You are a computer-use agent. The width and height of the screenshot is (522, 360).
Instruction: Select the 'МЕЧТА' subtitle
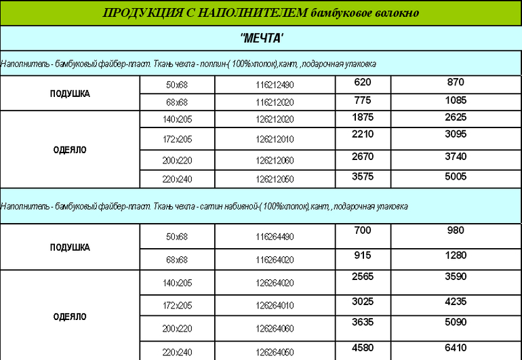click(x=262, y=37)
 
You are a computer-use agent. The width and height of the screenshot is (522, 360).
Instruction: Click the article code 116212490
click(x=275, y=85)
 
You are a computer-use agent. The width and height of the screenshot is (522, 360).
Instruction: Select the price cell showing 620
click(x=363, y=82)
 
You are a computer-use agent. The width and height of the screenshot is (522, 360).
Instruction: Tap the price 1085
click(x=456, y=100)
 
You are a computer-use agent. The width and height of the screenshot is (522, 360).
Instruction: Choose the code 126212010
click(x=275, y=140)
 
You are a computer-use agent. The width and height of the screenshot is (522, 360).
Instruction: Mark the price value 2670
click(x=363, y=156)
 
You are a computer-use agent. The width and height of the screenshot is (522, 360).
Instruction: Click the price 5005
click(x=456, y=176)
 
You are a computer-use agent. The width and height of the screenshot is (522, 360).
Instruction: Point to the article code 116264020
click(x=275, y=260)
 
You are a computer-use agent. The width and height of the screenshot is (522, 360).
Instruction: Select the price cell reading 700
click(x=363, y=231)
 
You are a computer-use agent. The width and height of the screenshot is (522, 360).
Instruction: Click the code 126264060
click(x=275, y=329)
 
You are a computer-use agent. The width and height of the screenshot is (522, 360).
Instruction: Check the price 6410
click(x=456, y=348)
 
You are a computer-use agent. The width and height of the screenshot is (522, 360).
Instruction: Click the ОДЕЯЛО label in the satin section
click(x=70, y=317)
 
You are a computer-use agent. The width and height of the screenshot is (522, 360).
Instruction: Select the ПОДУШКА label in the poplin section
click(x=70, y=94)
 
